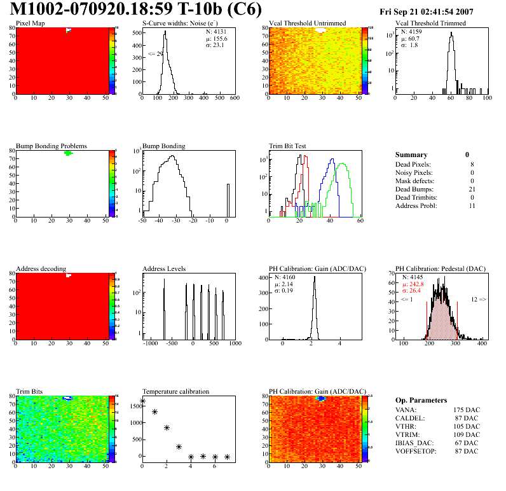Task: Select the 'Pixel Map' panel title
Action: point(30,24)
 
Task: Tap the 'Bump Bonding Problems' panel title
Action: point(51,146)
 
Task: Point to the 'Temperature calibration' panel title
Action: point(175,391)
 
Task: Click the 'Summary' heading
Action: point(411,155)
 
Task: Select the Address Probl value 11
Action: point(470,206)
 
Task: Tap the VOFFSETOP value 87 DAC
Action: point(467,451)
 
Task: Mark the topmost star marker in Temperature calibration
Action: point(142,401)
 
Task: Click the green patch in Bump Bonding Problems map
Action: point(69,153)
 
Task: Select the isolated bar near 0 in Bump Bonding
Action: point(228,200)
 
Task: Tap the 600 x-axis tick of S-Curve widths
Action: point(234,99)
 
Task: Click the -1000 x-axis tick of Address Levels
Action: point(151,343)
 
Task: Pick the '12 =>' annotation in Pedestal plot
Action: point(478,299)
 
